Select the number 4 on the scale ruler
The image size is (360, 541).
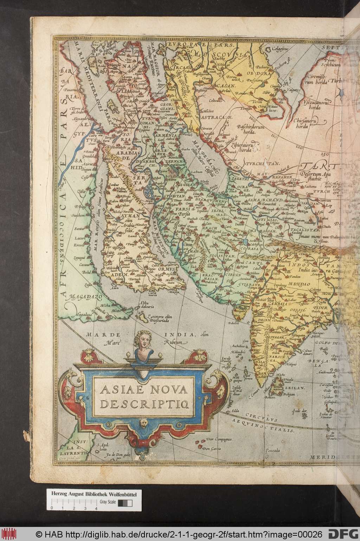96,508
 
